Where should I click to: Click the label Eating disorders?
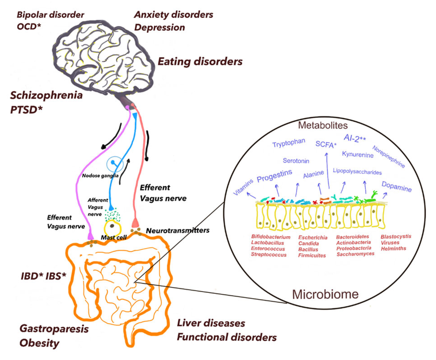point(200,62)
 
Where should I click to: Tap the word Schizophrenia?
point(46,95)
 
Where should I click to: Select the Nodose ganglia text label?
point(100,176)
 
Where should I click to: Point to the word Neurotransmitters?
point(178,231)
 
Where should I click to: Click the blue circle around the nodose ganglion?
point(115,164)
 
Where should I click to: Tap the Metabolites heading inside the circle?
point(323,125)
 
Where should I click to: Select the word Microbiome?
point(325,294)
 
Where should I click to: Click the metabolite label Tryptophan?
point(289,143)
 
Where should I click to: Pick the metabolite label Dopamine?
point(396,187)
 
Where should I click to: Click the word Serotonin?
point(296,161)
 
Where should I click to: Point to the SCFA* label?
point(326,144)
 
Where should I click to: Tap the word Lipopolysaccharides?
point(357,172)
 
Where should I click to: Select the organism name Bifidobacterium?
point(271,237)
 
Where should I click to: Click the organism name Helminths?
point(393,249)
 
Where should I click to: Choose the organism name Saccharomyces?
point(355,254)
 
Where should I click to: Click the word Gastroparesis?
point(54,329)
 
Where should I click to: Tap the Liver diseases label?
point(211,323)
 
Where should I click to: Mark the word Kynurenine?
point(358,155)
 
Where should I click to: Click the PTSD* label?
point(26,110)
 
